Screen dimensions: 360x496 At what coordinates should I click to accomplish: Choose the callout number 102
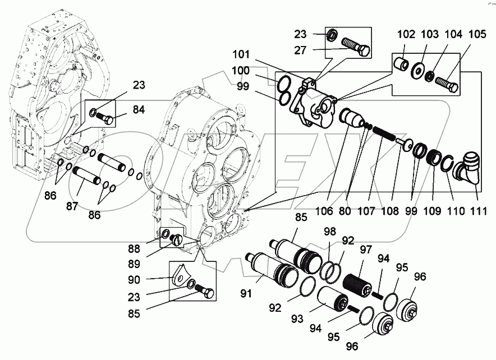click(x=407, y=35)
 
